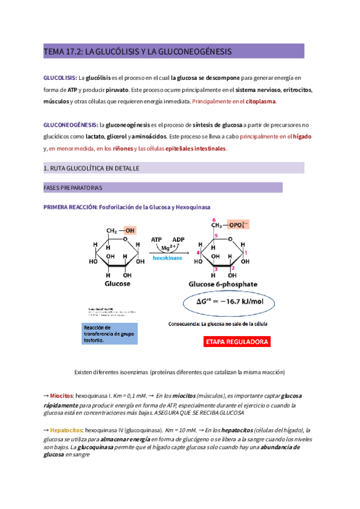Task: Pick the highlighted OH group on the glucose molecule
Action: point(130,230)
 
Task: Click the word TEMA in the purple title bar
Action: point(53,52)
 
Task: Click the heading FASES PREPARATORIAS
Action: point(73,188)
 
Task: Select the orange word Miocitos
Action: point(61,396)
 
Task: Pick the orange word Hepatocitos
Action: point(66,430)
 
